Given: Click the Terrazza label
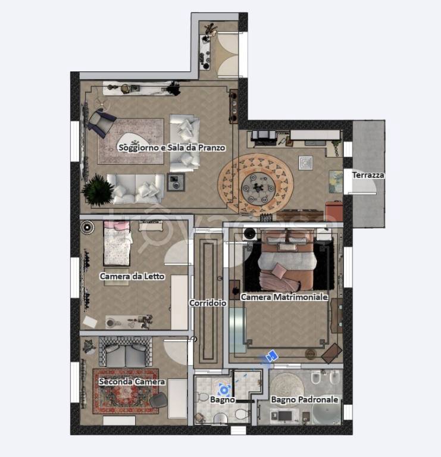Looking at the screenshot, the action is coord(368,175).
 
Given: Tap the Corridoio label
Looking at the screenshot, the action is coord(208,303).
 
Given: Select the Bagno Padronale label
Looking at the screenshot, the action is coord(305,400).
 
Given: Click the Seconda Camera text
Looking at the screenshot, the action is coord(132,381).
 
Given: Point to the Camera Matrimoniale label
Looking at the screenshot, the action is coord(284,297).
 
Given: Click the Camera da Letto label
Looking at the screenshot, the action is coord(132,276).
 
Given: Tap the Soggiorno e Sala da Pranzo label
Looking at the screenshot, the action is coord(172,148).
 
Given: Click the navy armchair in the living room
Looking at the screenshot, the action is coord(101,123).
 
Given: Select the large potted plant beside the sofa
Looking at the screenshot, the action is coord(98,190).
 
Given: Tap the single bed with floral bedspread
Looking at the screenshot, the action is coord(117,243).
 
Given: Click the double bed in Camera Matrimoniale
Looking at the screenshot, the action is coord(287,260).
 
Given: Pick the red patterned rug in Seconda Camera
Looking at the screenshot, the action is coord(126,392).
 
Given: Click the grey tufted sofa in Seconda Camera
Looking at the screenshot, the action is coord(126,352).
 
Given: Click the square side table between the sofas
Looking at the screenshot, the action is coord(176,183).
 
